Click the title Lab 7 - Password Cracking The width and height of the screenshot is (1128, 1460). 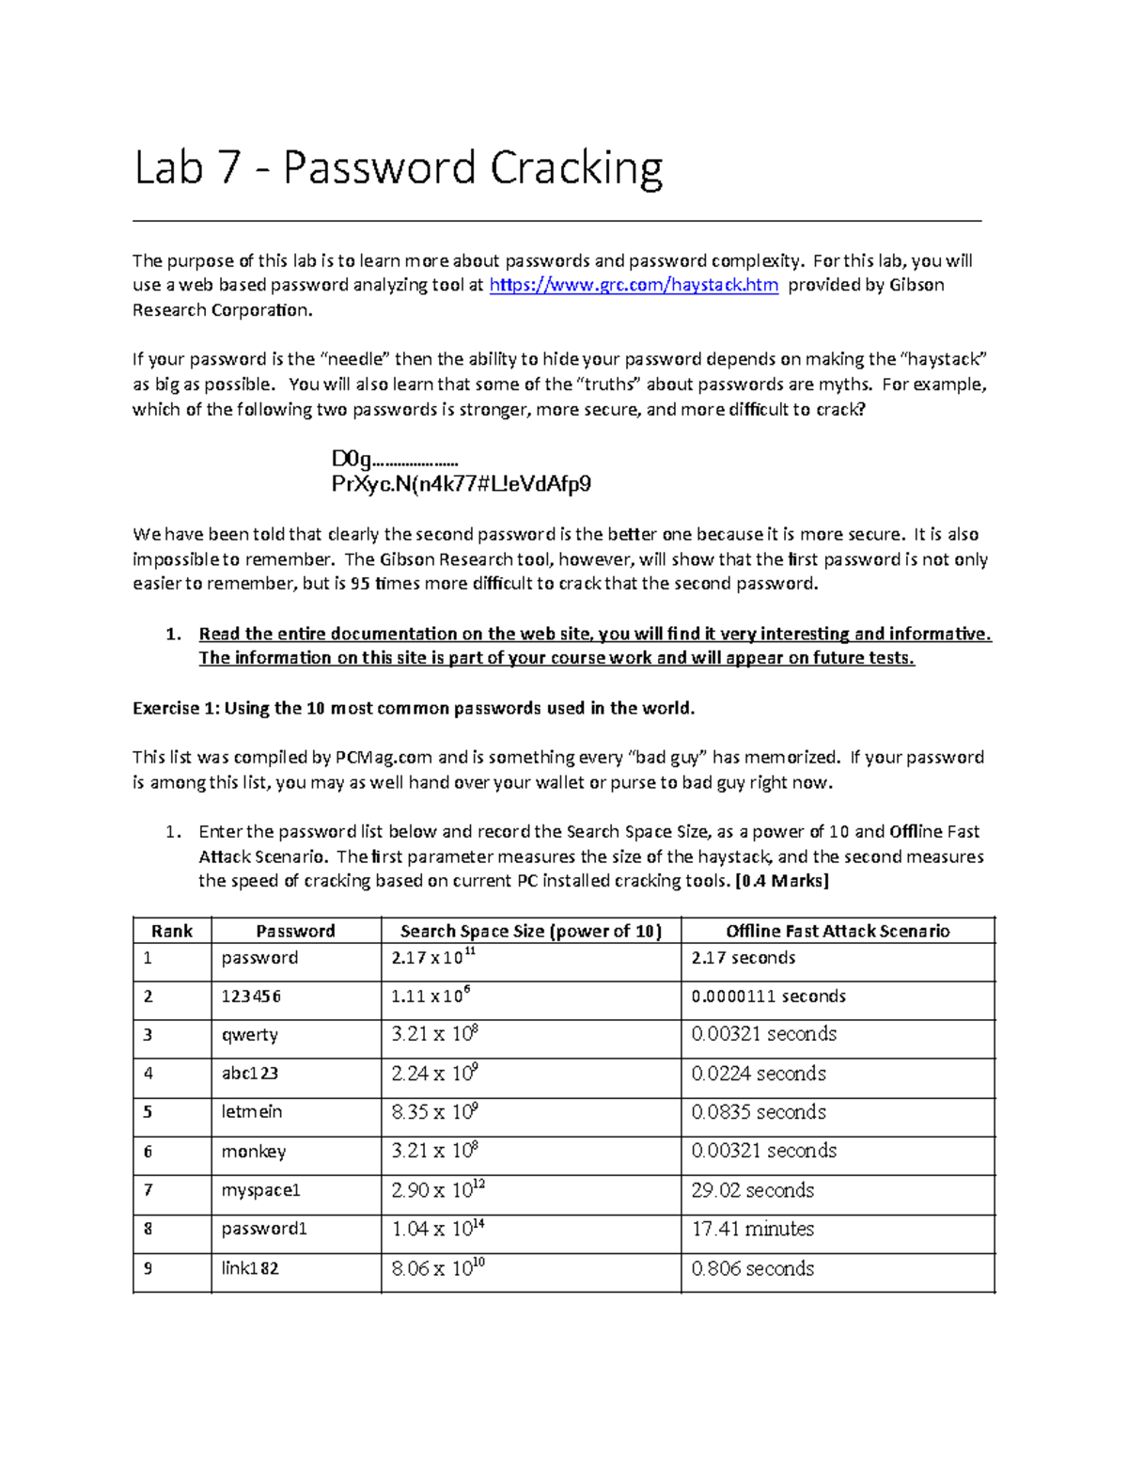point(399,169)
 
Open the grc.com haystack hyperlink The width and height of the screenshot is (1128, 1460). point(634,285)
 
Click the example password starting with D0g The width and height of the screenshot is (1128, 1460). point(394,459)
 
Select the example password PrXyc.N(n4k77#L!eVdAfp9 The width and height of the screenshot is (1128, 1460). point(461,484)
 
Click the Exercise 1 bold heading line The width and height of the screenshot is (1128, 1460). point(414,708)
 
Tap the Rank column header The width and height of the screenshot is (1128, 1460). point(171,931)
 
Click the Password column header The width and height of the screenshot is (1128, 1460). point(295,931)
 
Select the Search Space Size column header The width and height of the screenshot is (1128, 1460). point(530,931)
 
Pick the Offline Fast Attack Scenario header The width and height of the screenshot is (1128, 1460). point(837,931)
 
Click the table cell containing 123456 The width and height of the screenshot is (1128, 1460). point(251,997)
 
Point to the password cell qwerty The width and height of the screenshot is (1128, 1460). point(249,1035)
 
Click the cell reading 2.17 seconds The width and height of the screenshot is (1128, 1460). point(743,958)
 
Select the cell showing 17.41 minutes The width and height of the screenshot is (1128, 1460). point(752,1229)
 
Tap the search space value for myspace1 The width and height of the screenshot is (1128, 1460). point(438,1190)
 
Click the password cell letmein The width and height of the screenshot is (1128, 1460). point(251,1112)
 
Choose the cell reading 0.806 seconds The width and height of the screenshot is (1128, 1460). point(752,1268)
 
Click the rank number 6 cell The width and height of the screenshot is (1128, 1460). point(148,1152)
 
